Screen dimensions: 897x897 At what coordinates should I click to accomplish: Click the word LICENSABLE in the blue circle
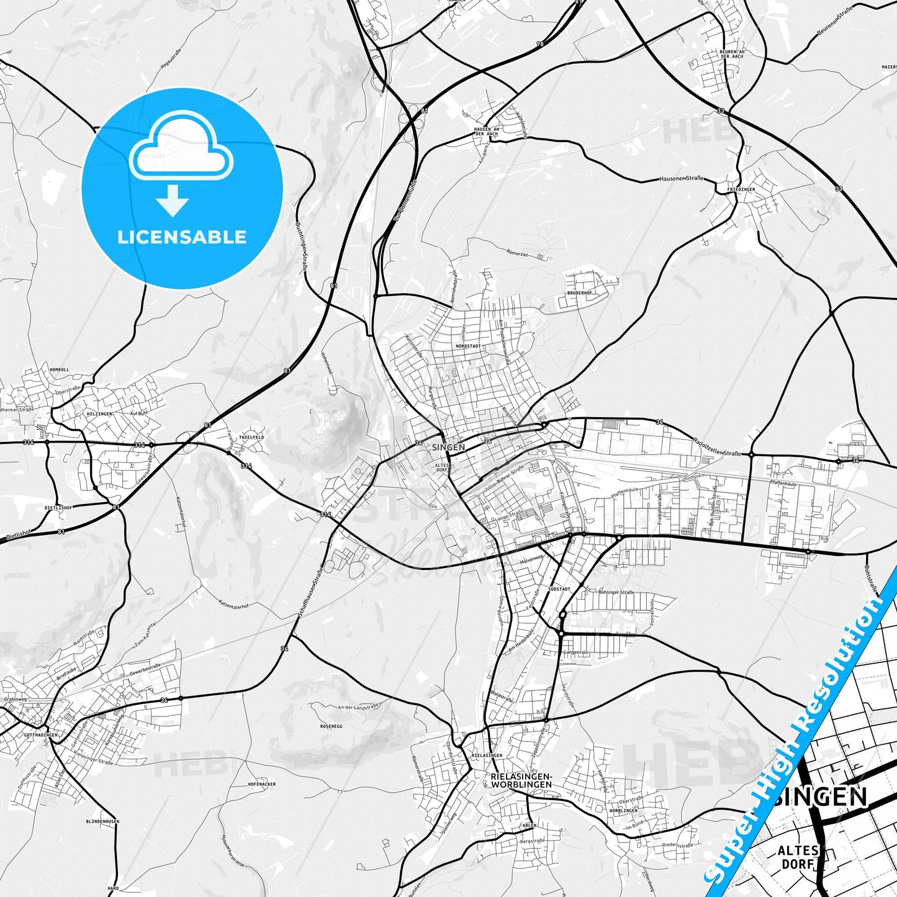[x=182, y=237]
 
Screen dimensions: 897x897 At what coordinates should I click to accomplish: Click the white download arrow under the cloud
[x=173, y=200]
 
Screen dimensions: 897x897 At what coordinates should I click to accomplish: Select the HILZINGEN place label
[x=99, y=413]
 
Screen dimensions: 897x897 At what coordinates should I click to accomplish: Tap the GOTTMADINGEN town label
[x=40, y=734]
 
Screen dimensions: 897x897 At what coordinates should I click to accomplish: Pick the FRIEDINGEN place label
[x=741, y=189]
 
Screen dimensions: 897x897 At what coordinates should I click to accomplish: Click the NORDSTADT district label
[x=467, y=346]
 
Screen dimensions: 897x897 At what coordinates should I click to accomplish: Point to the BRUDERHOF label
[x=580, y=293]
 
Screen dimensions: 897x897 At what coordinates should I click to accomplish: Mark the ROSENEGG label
[x=331, y=725]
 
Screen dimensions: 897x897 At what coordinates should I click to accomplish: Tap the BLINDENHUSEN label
[x=102, y=821]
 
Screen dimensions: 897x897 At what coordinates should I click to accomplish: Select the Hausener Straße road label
[x=681, y=179]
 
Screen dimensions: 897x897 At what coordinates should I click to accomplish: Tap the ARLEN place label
[x=528, y=825]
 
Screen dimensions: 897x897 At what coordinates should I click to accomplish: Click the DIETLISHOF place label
[x=58, y=507]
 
